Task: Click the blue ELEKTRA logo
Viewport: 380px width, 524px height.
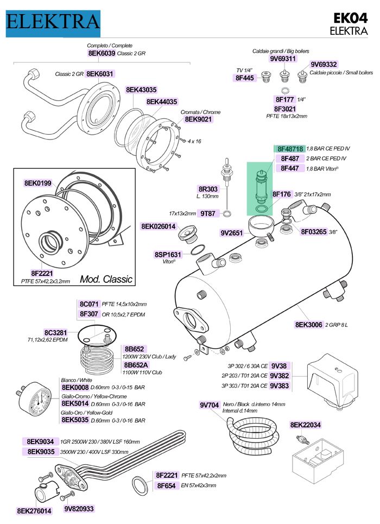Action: (53, 22)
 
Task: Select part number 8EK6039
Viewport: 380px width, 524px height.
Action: (101, 54)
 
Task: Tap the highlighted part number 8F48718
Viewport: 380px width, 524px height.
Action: (290, 148)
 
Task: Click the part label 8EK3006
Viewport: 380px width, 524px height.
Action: (309, 324)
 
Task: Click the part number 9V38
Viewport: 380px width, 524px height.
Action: (278, 365)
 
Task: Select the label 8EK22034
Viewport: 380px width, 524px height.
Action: (305, 425)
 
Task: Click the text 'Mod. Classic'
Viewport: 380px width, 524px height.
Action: (106, 279)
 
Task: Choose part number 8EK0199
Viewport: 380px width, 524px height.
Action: (37, 184)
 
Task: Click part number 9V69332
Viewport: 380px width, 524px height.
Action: (324, 64)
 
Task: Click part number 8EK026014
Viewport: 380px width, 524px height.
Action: (159, 226)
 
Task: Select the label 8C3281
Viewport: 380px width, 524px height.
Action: (55, 332)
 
